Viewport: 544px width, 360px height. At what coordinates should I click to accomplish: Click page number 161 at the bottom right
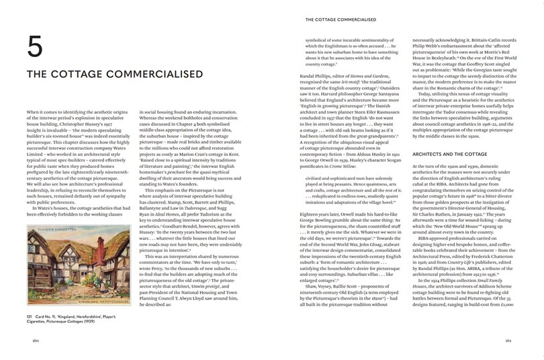pyautogui.click(x=514, y=341)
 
